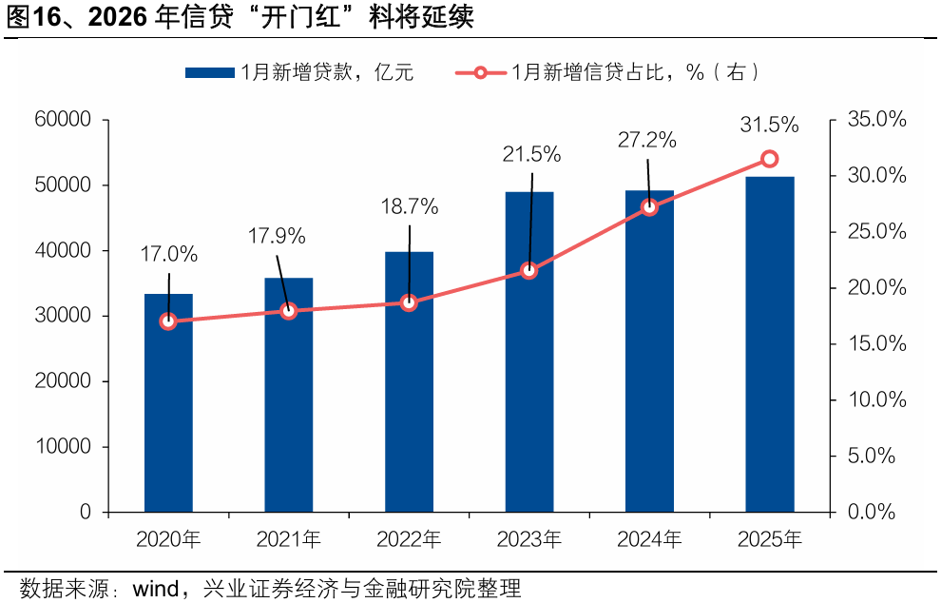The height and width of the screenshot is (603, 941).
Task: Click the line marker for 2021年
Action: tap(289, 311)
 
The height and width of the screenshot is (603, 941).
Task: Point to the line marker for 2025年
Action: tap(770, 159)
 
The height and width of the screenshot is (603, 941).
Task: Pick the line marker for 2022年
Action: tap(409, 302)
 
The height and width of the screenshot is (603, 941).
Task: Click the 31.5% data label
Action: tap(769, 125)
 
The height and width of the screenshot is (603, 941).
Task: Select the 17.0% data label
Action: tap(168, 254)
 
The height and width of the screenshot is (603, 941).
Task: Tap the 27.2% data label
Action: tap(647, 140)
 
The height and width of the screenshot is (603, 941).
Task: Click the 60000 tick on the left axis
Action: tap(63, 120)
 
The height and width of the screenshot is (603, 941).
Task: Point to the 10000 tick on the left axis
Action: tap(63, 447)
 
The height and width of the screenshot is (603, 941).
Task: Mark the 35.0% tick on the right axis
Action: tap(868, 120)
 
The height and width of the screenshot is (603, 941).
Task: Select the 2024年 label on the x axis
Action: tap(649, 539)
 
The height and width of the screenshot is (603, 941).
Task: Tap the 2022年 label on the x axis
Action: tap(409, 539)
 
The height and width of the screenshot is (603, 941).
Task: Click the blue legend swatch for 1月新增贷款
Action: tap(209, 72)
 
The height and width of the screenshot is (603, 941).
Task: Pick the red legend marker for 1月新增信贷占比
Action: tap(481, 72)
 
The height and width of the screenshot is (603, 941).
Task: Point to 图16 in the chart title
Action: tap(30, 17)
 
